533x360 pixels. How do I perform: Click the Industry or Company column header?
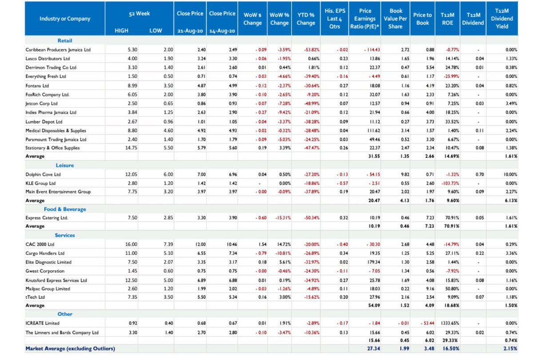point(65,19)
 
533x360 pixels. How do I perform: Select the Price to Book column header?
point(422,19)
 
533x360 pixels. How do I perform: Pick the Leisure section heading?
point(65,165)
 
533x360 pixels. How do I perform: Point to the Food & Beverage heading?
point(65,209)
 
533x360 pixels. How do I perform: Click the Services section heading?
point(65,235)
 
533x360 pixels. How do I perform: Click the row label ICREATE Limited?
point(43,323)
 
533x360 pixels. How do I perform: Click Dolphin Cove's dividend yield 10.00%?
point(510,174)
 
